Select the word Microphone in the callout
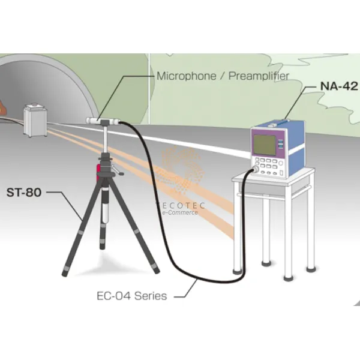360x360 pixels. [182, 76]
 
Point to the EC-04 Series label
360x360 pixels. [131, 296]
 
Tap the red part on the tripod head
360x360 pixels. [98, 173]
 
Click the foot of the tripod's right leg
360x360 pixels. [157, 271]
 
